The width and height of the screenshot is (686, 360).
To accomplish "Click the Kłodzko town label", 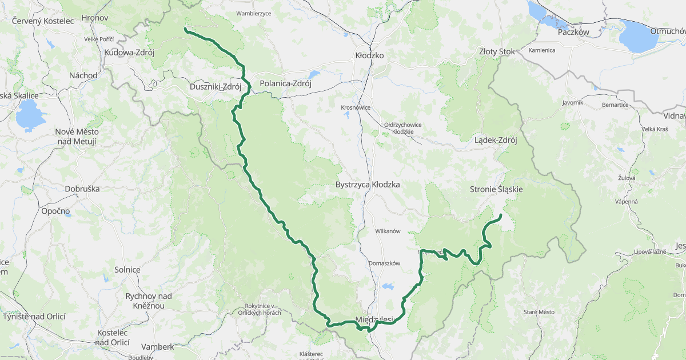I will coord(369,55).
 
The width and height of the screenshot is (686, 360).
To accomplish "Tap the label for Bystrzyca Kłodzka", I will coord(367,185).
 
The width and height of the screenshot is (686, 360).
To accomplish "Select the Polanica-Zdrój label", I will coord(285,83).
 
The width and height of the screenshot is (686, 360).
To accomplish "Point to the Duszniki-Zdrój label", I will coord(215,87).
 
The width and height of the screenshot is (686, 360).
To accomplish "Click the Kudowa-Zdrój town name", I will coord(129,52).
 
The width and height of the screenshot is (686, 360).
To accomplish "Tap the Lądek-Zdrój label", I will coord(496,140).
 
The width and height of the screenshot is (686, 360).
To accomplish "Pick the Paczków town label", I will coord(573,33).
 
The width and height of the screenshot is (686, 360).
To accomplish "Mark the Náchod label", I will coord(83,75).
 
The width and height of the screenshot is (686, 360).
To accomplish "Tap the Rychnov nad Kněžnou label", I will coord(148,301).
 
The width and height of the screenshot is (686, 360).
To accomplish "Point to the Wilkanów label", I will coord(388,231).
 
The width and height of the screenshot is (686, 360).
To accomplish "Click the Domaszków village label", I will coord(384,263).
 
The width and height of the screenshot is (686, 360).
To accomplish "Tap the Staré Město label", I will coord(539,312).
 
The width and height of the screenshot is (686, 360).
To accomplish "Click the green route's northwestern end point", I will coord(185,29).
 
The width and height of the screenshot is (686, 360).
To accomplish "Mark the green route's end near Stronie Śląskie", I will coord(500,215).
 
